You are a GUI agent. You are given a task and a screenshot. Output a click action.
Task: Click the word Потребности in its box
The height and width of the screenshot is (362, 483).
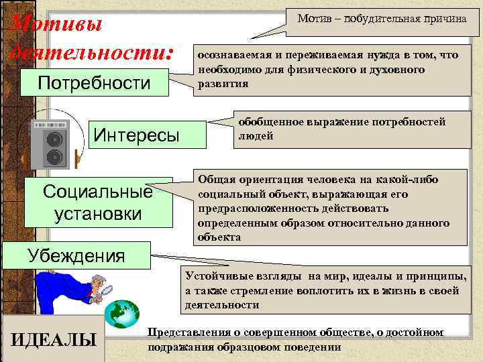click(94, 84)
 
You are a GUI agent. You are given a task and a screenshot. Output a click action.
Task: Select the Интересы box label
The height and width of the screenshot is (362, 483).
click(136, 135)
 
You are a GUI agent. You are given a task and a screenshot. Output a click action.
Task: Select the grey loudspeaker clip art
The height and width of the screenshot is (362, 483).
click(52, 144)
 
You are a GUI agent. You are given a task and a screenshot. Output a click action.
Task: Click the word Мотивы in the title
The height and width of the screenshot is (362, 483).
click(57, 25)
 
